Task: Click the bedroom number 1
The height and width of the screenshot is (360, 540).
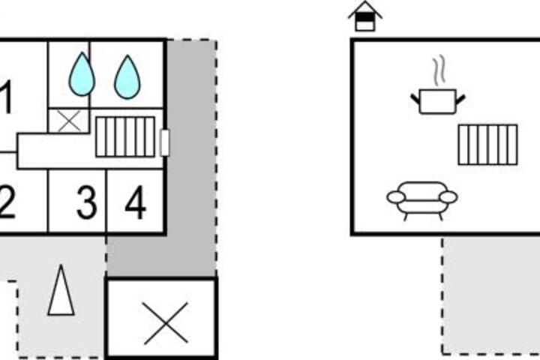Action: tap(7, 97)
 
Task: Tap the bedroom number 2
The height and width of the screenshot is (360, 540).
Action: tap(7, 202)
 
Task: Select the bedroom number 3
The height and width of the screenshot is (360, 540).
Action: tap(86, 202)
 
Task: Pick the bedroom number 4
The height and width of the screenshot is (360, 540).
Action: tap(135, 202)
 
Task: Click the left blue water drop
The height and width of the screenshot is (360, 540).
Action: tap(82, 74)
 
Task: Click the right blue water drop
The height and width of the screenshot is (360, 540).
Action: tap(127, 76)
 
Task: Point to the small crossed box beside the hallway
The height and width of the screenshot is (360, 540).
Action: tap(69, 121)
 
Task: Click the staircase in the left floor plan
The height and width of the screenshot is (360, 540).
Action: tap(125, 136)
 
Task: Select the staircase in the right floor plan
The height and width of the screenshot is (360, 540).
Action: tap(488, 145)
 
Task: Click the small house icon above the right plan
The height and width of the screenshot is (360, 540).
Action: tap(365, 16)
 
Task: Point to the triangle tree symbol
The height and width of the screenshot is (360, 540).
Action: tap(61, 290)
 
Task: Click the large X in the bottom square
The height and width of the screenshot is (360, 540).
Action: tap(166, 323)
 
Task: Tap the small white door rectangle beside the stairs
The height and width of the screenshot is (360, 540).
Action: tap(165, 142)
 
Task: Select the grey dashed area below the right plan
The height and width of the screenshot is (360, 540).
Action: tap(491, 295)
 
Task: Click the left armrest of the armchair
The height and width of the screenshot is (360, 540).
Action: tap(397, 197)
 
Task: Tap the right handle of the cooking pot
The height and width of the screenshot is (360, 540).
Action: tap(460, 100)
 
